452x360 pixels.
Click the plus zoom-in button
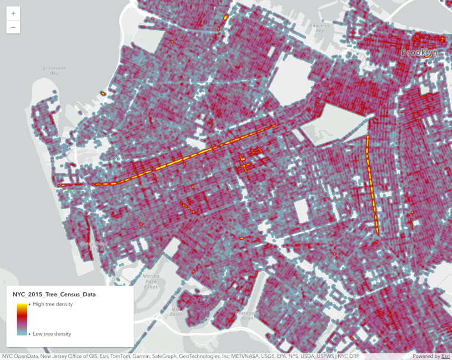[x=13, y=13]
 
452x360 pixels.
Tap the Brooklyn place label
[x=419, y=52]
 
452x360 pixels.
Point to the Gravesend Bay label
[x=54, y=70]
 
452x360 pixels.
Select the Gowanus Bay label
[x=320, y=28]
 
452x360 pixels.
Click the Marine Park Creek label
[x=150, y=281]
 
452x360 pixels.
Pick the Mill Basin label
[x=175, y=311]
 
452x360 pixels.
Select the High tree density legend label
[x=53, y=304]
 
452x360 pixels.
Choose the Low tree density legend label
[x=52, y=333]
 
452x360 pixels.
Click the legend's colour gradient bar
[x=22, y=319]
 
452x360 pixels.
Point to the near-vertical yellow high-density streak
[x=372, y=183]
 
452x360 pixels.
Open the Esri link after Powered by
[x=445, y=356]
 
